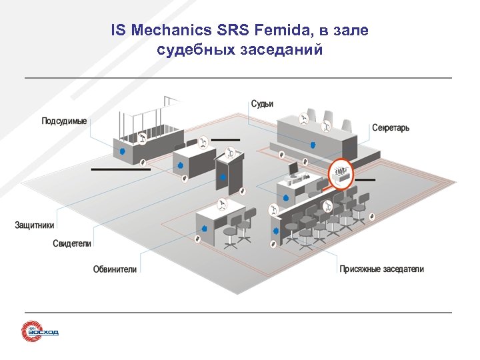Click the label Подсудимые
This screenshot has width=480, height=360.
[64, 121]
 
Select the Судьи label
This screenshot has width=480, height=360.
[262, 104]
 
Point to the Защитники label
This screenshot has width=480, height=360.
[35, 225]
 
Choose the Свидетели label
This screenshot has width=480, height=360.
[72, 243]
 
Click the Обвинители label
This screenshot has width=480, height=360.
[115, 269]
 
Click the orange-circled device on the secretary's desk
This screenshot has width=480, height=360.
[341, 173]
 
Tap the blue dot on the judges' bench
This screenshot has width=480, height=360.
[312, 144]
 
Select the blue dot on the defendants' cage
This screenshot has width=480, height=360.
[122, 152]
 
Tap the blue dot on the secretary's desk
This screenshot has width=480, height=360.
[285, 198]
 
